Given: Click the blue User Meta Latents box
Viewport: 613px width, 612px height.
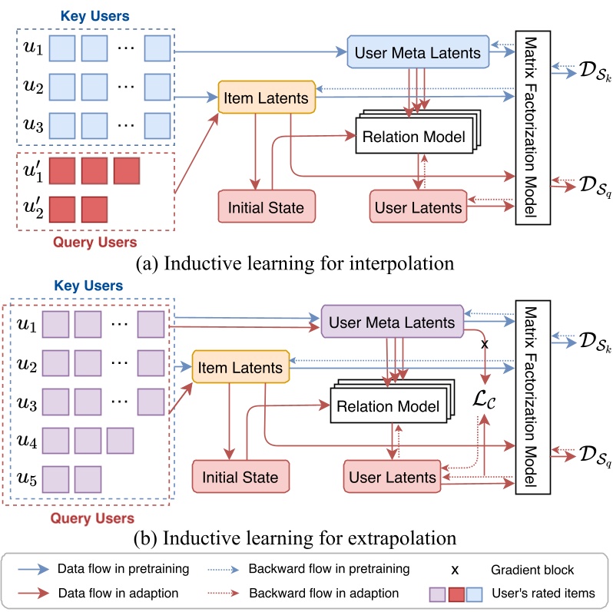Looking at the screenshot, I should tap(418, 53).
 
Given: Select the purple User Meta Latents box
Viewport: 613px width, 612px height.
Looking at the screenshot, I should tap(391, 323).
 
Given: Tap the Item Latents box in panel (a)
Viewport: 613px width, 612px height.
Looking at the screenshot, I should tap(266, 98).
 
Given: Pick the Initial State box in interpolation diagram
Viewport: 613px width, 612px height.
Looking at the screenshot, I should tap(267, 207).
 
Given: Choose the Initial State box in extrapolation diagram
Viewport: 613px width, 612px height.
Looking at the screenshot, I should tap(240, 477).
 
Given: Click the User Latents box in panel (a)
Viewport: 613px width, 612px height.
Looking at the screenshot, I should tap(418, 207).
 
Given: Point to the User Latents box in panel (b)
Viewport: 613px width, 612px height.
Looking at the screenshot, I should tap(393, 477).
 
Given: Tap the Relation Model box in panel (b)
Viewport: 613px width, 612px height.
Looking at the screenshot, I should tap(387, 406).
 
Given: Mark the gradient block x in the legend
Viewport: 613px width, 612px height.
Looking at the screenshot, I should tap(455, 570).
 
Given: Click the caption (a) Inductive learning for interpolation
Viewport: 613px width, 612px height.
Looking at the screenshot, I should tap(306, 263).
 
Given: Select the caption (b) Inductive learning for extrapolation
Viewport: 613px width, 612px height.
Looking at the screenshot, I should tap(306, 535).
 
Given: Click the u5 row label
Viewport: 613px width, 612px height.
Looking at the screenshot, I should tap(27, 478).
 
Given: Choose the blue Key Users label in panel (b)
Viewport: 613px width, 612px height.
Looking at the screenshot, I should tap(87, 286).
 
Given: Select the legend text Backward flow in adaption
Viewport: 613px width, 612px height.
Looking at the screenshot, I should tap(323, 593).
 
